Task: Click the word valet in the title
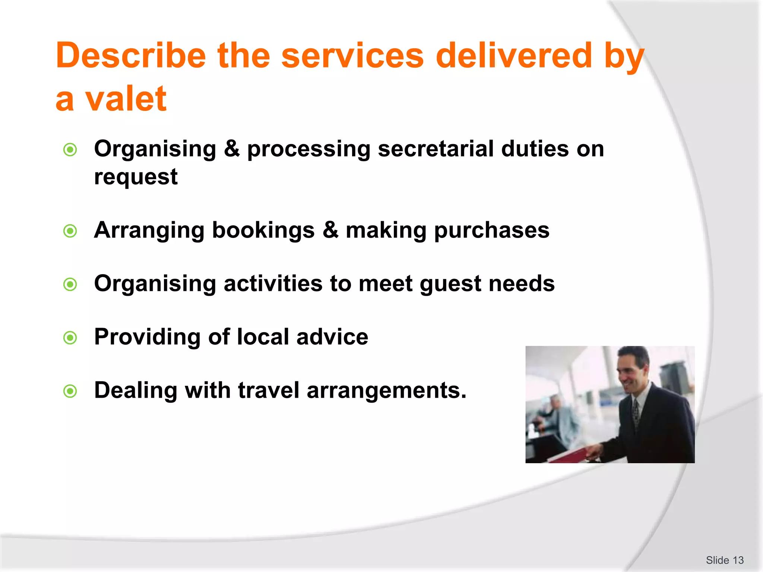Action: click(126, 99)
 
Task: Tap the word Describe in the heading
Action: click(130, 56)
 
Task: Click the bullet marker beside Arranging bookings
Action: click(70, 231)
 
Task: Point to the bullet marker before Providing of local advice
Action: click(70, 338)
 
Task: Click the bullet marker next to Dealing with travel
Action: click(70, 391)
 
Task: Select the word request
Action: click(136, 177)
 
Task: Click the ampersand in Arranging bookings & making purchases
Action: click(330, 230)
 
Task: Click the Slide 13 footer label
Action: click(724, 560)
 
